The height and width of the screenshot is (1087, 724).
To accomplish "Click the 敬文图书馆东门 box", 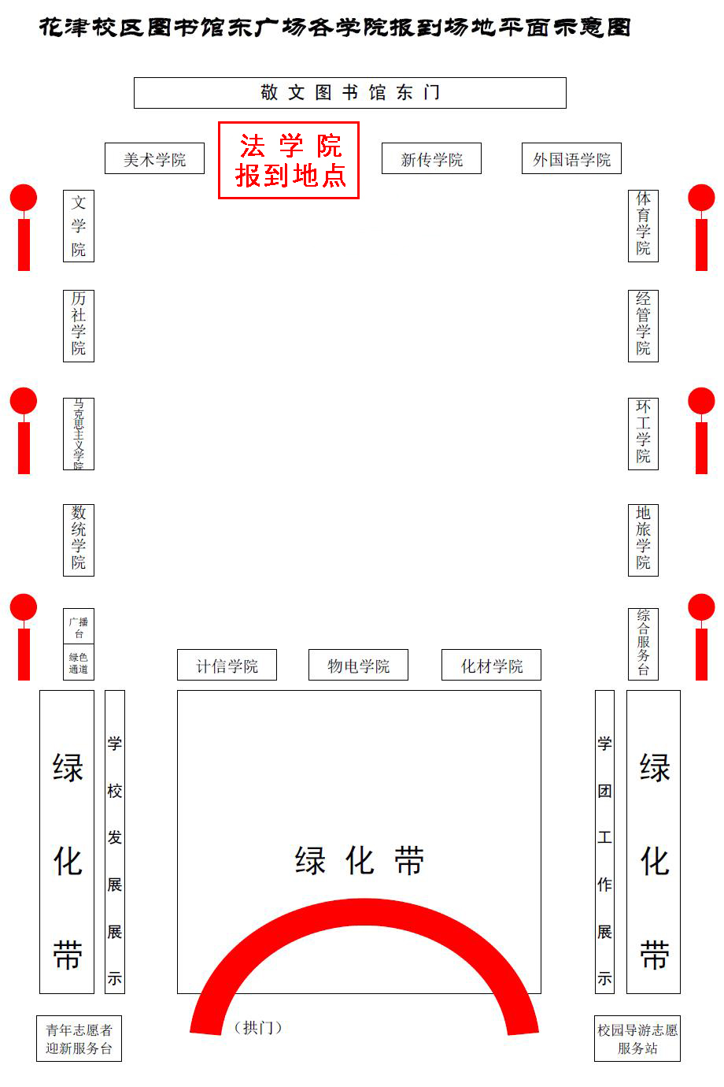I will point(349,93).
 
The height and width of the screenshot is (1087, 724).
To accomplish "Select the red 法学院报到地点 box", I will point(289,160).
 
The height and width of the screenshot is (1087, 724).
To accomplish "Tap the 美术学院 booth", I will point(154,159).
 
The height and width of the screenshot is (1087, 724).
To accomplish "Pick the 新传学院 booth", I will point(431,159).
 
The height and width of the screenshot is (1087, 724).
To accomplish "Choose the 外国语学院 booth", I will point(571,159).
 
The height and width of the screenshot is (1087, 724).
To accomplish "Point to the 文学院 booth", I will point(79,226).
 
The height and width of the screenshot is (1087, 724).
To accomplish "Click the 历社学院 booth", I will point(79,326).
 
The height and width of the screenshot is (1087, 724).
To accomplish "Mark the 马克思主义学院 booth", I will point(79,434).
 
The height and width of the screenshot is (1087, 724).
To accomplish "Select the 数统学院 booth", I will point(79,540).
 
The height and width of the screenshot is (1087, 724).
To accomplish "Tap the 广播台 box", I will point(79,627).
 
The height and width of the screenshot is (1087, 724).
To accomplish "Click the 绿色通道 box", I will point(79,662).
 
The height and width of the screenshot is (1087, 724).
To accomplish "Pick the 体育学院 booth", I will point(643,226).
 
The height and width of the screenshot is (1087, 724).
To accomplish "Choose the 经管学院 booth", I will point(643,326).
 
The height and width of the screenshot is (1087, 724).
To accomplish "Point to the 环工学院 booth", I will point(643,434).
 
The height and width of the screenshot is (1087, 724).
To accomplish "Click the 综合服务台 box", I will point(643,644).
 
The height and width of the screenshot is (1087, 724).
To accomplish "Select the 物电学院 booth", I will point(359,666).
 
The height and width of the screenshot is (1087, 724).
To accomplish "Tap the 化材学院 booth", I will point(491,666).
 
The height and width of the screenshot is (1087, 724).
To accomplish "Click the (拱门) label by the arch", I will point(258,1027).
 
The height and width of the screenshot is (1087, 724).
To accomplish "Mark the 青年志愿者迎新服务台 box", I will point(79,1039).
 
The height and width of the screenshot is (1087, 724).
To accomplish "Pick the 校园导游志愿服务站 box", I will point(637,1039).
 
